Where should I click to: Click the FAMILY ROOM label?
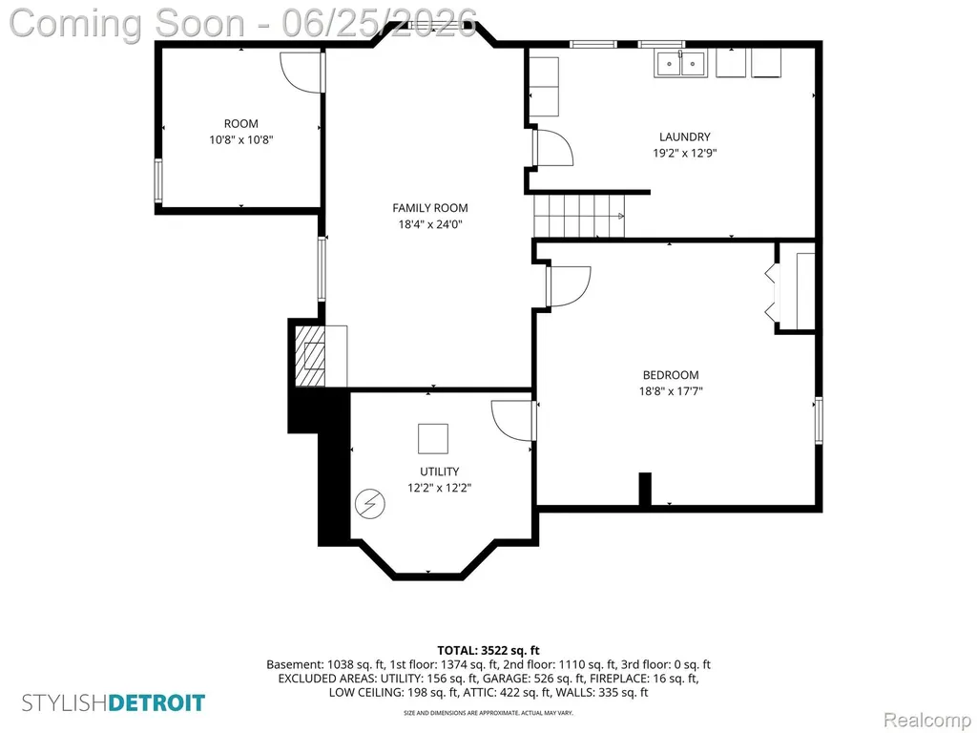click(x=430, y=208)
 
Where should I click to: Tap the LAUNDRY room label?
click(x=685, y=137)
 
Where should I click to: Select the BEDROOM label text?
click(x=671, y=375)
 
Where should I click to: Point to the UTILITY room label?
click(x=439, y=471)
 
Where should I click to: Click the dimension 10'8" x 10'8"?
click(x=241, y=140)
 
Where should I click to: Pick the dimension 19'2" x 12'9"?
click(x=685, y=154)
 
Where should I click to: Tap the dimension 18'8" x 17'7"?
click(x=671, y=391)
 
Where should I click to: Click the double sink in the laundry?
click(x=679, y=64)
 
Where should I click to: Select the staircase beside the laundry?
click(x=579, y=216)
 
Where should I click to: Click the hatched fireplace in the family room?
click(x=310, y=356)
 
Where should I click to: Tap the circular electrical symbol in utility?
click(x=370, y=504)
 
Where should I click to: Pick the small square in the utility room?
click(x=433, y=439)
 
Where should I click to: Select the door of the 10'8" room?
click(x=301, y=73)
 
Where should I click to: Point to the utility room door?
click(x=512, y=421)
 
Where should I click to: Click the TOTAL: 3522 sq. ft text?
click(x=488, y=651)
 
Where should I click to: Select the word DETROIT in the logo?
click(x=156, y=703)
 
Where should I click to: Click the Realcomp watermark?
click(x=927, y=720)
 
